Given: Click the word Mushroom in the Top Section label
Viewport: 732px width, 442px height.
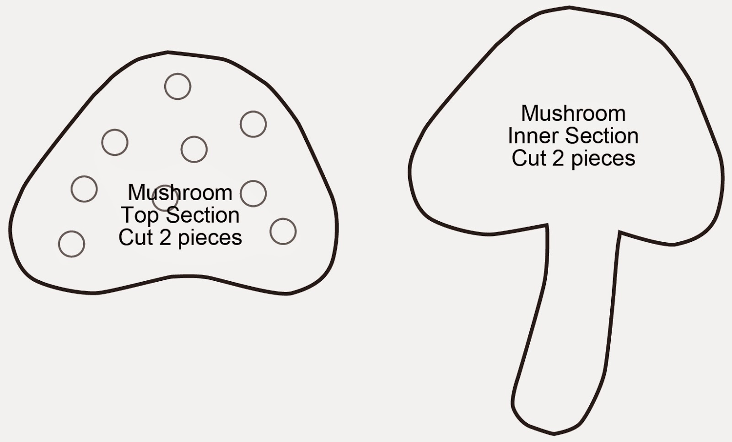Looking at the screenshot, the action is click(180, 193).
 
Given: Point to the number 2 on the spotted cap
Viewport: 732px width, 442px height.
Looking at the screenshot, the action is click(165, 237).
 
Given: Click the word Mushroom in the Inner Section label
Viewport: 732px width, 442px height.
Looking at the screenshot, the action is click(573, 114).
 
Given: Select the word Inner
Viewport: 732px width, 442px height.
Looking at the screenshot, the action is click(533, 136).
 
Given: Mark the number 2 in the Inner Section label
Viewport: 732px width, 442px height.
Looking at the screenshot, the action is click(558, 158).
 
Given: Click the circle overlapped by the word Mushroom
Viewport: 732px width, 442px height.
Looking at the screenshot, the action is click(165, 198).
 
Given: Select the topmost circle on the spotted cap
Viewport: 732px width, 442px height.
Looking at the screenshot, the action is click(178, 86).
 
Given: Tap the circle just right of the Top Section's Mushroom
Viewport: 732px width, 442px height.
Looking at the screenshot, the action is click(253, 193).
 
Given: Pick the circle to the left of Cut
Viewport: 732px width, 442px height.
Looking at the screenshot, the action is click(72, 244).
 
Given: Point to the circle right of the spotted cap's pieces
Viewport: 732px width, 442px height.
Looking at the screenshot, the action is click(283, 231).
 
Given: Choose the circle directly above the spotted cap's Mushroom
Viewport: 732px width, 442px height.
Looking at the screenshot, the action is click(194, 149).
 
